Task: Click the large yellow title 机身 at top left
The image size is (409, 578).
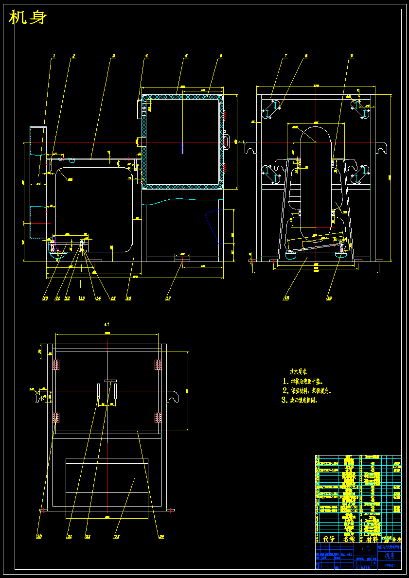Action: pos(28,18)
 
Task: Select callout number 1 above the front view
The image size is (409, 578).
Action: pos(54,56)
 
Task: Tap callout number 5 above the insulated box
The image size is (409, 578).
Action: pos(186,56)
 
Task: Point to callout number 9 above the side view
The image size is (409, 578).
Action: pos(351,56)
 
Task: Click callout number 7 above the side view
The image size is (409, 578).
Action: pos(285,56)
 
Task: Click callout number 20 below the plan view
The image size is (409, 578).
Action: pos(39,537)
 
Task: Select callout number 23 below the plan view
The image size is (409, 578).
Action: pos(117,537)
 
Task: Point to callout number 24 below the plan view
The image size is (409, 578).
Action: pos(161,537)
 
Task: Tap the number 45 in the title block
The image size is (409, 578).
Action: pos(366,549)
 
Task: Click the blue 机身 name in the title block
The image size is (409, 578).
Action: pos(390,556)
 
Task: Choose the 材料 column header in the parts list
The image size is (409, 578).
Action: pos(372,539)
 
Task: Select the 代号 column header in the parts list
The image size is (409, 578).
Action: pos(329,539)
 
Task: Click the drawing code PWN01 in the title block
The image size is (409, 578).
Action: pos(390,565)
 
